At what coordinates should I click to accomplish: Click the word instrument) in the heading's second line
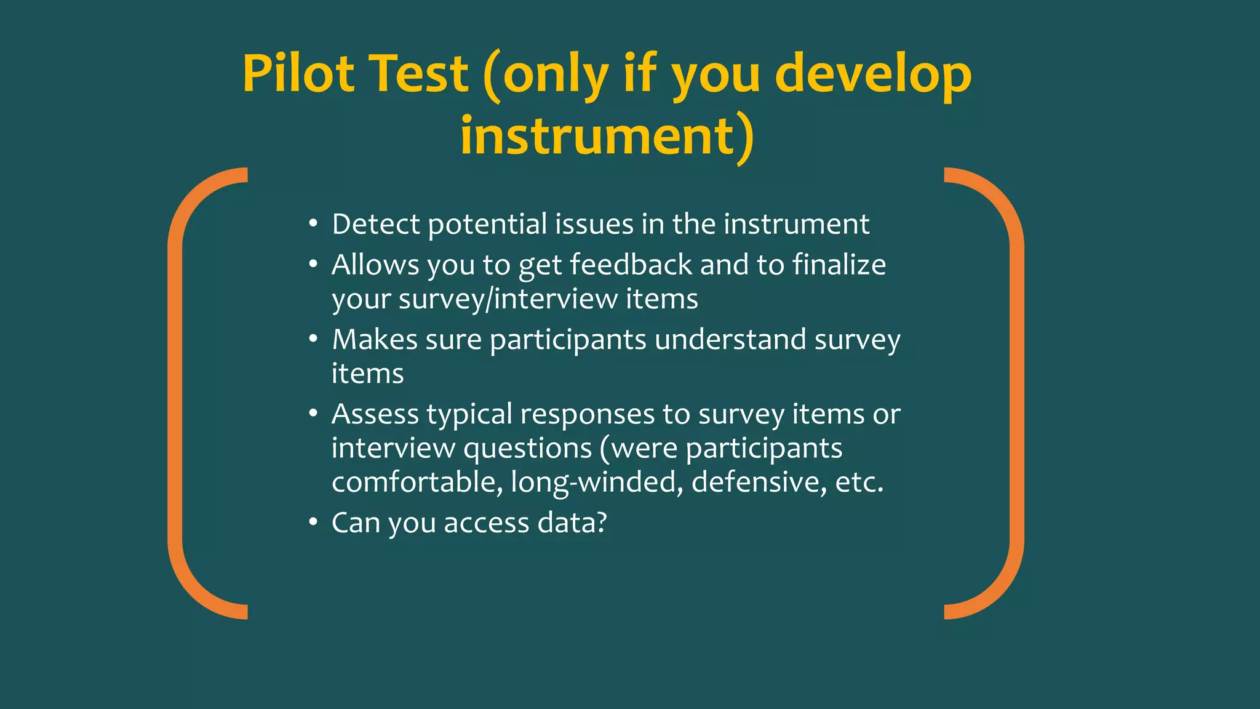607,136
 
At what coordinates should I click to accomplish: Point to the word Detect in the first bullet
375,224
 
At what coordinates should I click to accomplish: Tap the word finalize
839,265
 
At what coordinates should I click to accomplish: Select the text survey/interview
508,300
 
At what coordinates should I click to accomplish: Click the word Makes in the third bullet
374,340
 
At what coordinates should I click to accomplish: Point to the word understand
730,340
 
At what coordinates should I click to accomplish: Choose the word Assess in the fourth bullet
375,415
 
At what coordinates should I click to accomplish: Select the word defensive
759,482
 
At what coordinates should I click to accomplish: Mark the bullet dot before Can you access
313,523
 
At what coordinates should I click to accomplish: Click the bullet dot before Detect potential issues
313,224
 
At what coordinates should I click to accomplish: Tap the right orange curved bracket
1016,394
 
